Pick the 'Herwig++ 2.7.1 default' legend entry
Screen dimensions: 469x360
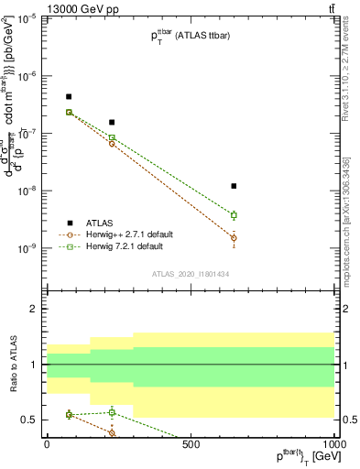tap(127, 234)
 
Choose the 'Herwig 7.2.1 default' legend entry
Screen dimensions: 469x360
tap(125, 246)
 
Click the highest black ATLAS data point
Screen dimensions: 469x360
tap(69, 96)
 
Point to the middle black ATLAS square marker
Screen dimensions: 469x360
tap(112, 122)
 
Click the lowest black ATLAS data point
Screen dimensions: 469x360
tap(235, 186)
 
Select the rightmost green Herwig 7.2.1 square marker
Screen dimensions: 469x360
tap(235, 215)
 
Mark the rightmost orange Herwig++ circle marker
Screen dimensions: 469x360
tap(235, 238)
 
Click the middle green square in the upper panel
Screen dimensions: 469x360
tap(112, 137)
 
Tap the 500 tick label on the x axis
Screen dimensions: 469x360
tap(191, 444)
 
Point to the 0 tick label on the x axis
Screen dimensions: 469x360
tap(47, 444)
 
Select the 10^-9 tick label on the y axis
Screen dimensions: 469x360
tap(27, 248)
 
